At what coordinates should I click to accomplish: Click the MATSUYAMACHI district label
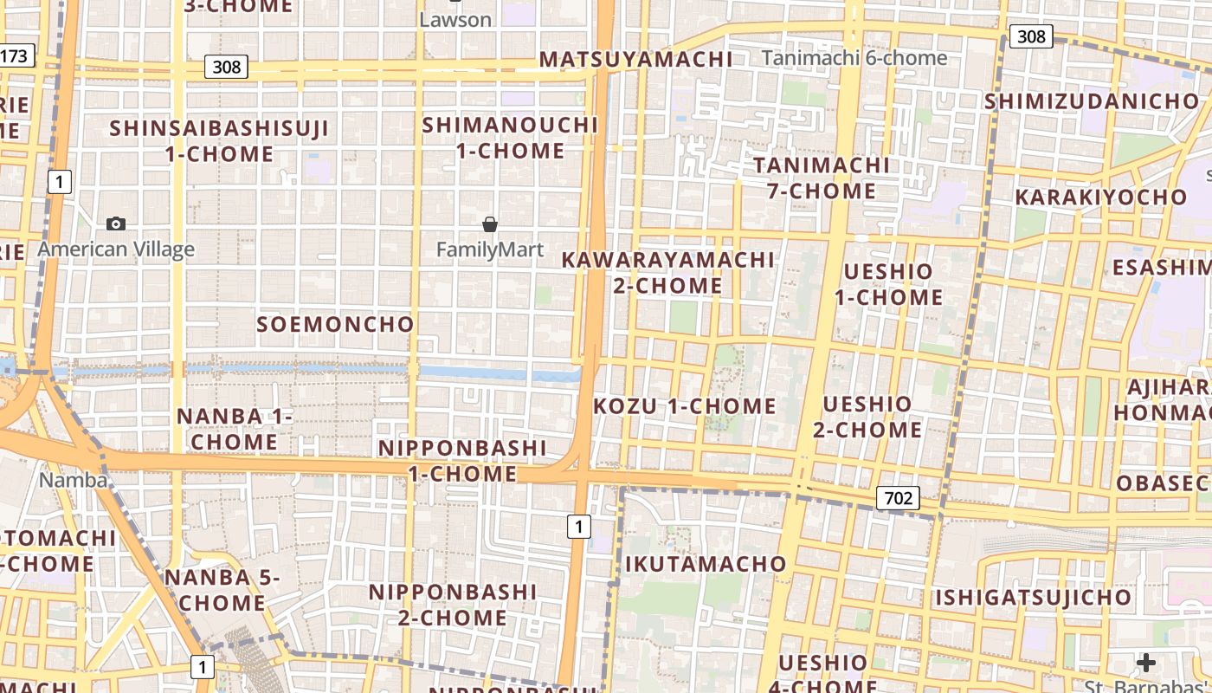(635, 59)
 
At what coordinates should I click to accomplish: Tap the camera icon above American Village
(116, 224)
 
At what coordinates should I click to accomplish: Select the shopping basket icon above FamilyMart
(490, 225)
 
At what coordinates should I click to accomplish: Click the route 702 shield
(898, 498)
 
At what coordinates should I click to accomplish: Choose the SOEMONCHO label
(335, 325)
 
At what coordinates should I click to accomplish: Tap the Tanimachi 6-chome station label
(854, 58)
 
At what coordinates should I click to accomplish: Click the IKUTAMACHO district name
(706, 565)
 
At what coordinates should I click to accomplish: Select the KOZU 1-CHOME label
(684, 406)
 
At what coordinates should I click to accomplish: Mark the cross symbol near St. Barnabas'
(1145, 663)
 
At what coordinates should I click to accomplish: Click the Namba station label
(74, 480)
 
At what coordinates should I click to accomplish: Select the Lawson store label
(455, 20)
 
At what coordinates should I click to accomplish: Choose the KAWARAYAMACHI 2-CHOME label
(667, 272)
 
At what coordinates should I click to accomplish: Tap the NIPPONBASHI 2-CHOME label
(453, 605)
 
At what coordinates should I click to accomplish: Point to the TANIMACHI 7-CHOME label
(821, 178)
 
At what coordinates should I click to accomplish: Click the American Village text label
(116, 250)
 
